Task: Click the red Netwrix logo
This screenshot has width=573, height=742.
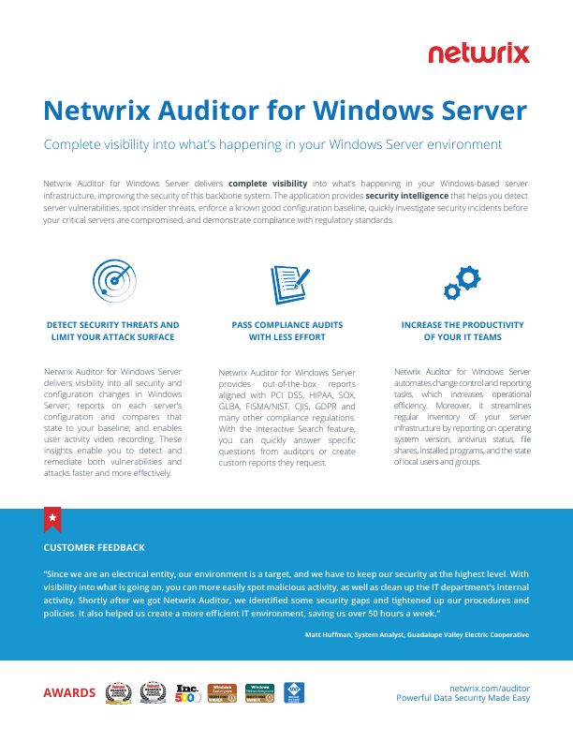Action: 478,53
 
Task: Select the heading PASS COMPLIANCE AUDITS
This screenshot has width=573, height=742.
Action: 287,325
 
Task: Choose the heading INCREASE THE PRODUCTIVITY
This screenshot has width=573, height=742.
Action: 463,325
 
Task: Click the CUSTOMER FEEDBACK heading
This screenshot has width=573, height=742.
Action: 95,547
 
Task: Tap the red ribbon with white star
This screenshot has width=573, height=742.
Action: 52,518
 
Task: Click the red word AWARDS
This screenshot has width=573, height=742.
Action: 69,693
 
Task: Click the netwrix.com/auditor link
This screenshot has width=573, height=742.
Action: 490,687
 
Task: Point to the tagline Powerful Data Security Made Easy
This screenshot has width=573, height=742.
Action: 463,698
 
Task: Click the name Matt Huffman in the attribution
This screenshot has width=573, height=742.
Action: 327,634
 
